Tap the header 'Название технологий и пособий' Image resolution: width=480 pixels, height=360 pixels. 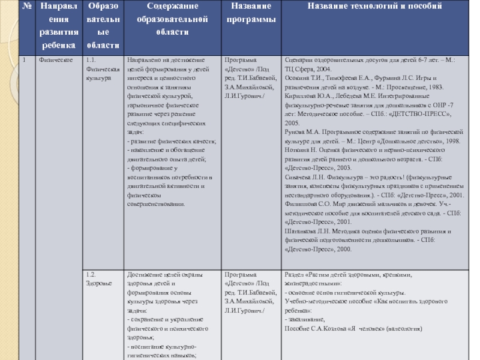click(x=375, y=6)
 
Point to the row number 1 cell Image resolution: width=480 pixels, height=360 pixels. click(x=25, y=60)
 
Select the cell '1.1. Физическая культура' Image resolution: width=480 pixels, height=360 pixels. click(x=100, y=69)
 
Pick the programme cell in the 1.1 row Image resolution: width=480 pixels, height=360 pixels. click(x=250, y=78)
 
